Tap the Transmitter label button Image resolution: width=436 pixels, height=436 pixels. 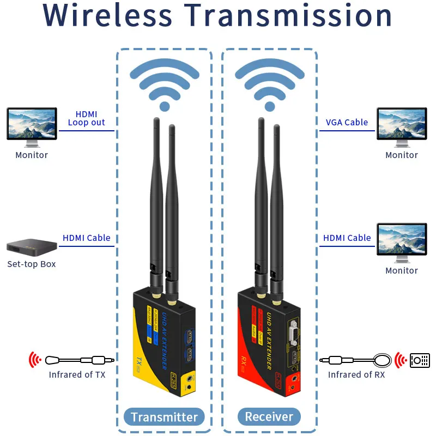[x=164, y=417]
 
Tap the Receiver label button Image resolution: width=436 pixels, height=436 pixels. [x=269, y=417]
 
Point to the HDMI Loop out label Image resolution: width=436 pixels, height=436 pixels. [x=86, y=118]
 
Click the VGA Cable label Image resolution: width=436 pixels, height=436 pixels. [x=347, y=123]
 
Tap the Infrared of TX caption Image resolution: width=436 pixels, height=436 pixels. [x=77, y=374]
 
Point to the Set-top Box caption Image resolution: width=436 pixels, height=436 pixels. [x=32, y=264]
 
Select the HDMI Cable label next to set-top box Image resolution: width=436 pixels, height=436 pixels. [x=87, y=238]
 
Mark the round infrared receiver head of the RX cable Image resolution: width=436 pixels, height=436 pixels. [x=383, y=360]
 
